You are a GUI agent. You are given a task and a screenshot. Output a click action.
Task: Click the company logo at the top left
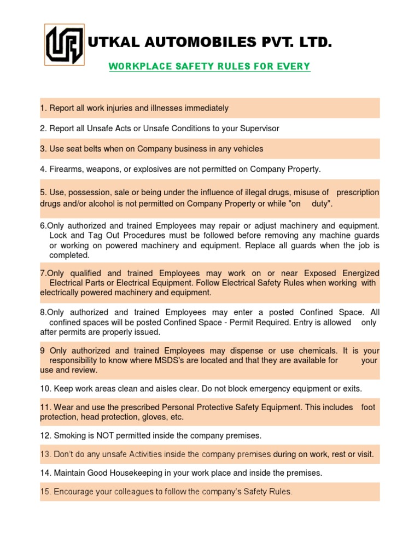click(64, 43)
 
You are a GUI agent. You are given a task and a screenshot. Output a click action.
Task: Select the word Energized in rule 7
click(357, 273)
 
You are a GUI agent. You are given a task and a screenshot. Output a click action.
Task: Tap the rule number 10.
click(45, 389)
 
